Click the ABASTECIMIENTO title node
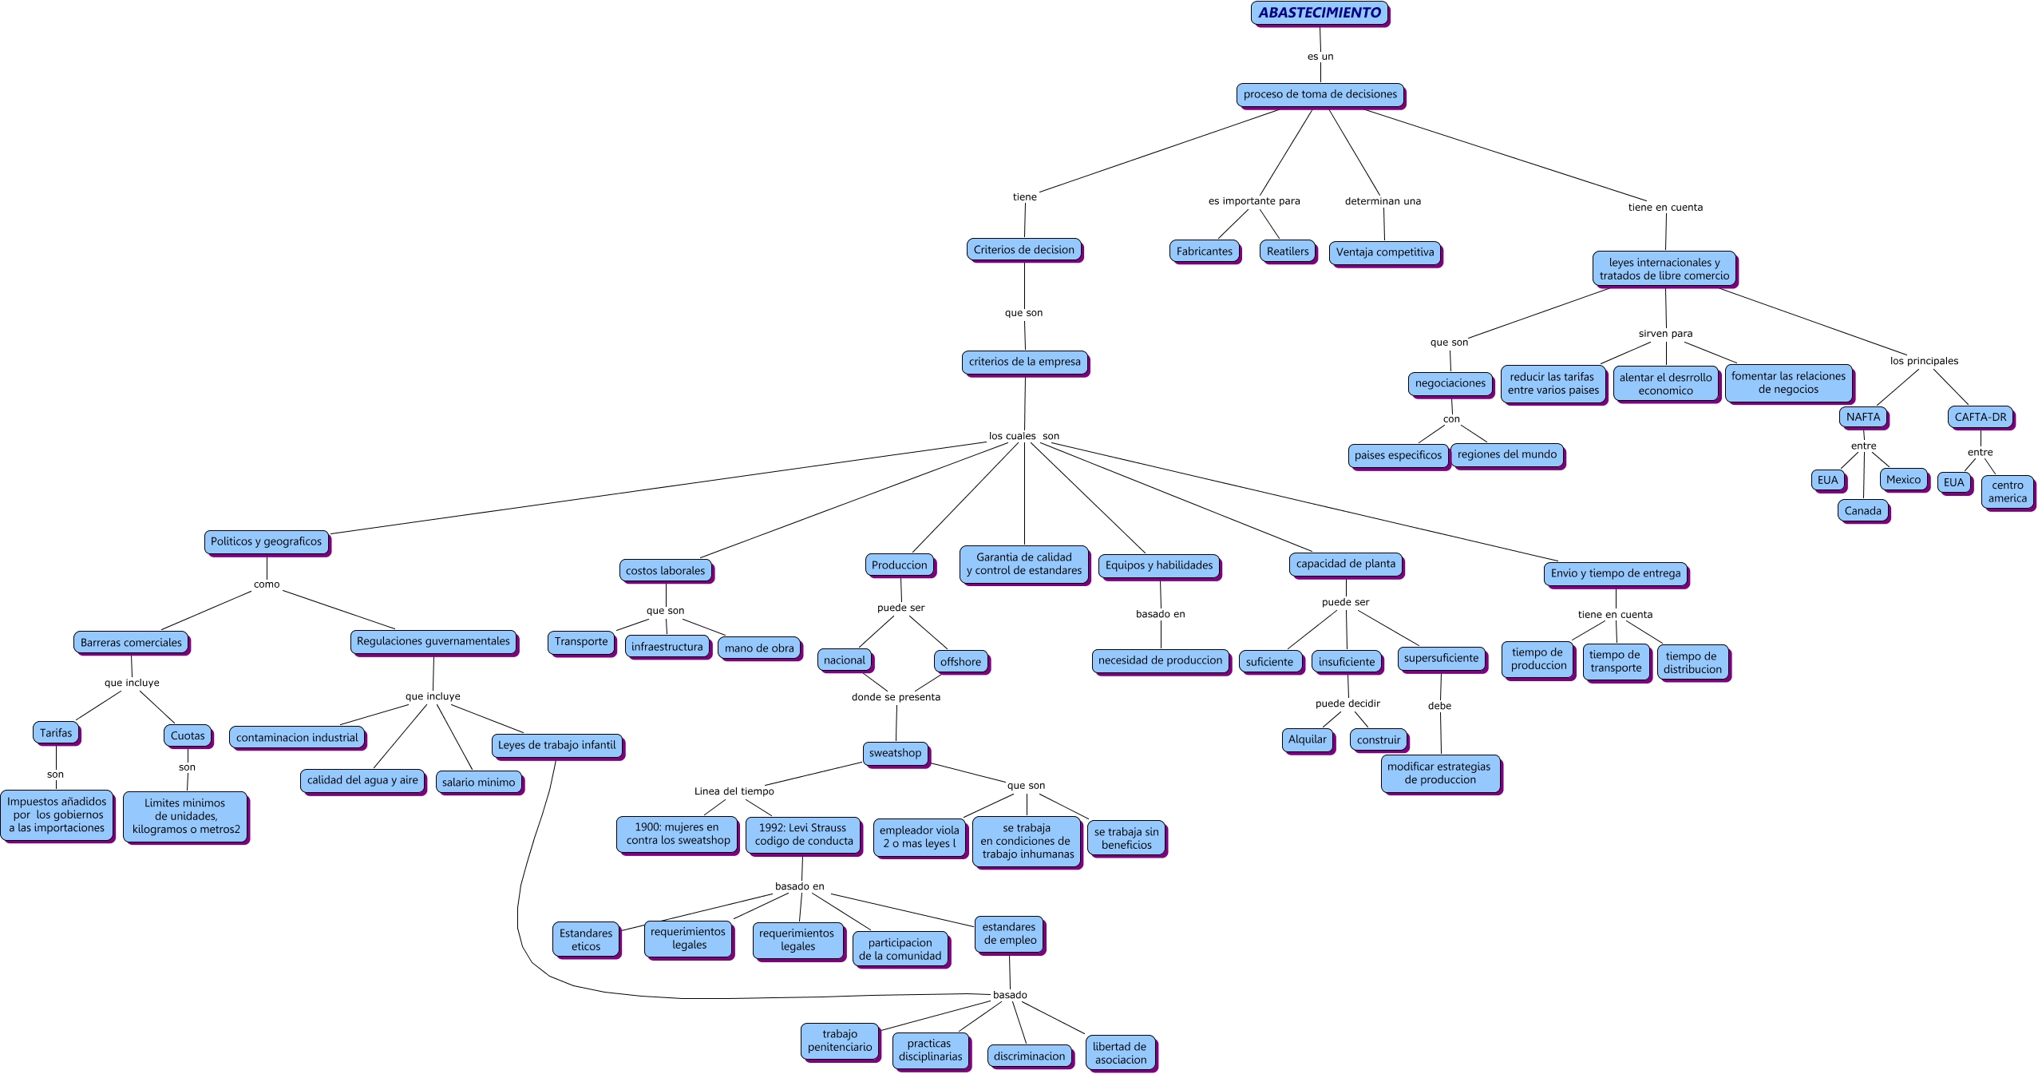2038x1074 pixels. click(1320, 13)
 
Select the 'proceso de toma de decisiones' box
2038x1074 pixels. click(1320, 94)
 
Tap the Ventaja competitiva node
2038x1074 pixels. click(1385, 252)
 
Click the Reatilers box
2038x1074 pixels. click(1288, 252)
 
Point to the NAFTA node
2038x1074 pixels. click(1863, 417)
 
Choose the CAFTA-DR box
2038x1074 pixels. click(1981, 417)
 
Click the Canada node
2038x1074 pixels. click(1863, 511)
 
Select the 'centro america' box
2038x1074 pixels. click(2007, 492)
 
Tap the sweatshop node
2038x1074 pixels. click(895, 753)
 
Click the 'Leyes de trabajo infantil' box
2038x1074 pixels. click(556, 745)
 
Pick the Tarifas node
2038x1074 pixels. click(56, 733)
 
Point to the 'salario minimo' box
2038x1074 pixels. click(479, 783)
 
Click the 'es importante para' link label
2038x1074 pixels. click(1254, 201)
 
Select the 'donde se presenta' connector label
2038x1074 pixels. click(896, 697)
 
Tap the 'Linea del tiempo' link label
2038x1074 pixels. click(734, 791)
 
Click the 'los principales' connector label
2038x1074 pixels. click(1924, 361)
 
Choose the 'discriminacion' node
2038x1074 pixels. click(1029, 1056)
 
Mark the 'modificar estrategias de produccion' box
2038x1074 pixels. click(1440, 773)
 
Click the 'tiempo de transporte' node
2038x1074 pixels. click(1616, 661)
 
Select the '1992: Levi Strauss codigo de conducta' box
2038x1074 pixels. click(803, 834)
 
